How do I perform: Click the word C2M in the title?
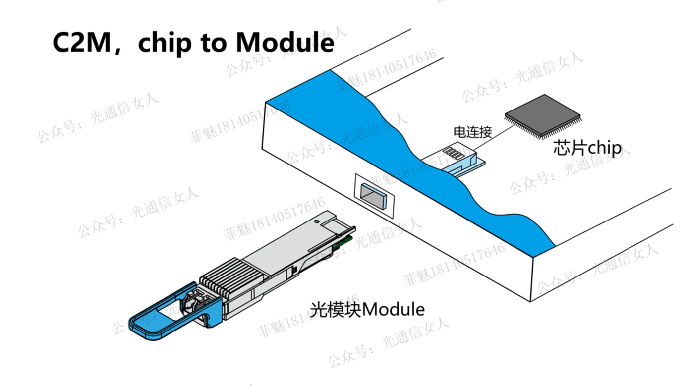pos(82,43)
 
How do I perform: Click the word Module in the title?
pos(285,43)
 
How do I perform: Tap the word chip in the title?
pos(164,43)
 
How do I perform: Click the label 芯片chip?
pos(587,148)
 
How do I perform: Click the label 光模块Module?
pos(367,310)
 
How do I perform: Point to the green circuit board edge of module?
pos(344,242)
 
